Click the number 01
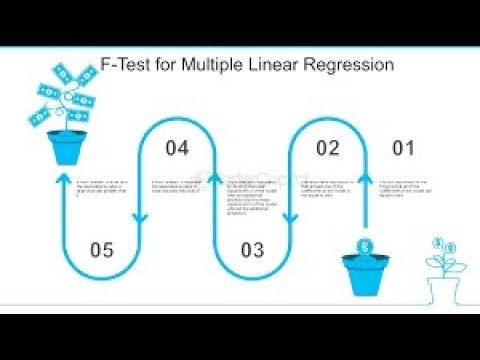pyautogui.click(x=403, y=150)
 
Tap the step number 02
pyautogui.click(x=328, y=150)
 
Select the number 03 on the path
pyautogui.click(x=253, y=249)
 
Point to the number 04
pyautogui.click(x=177, y=150)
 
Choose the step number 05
pyautogui.click(x=103, y=249)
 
